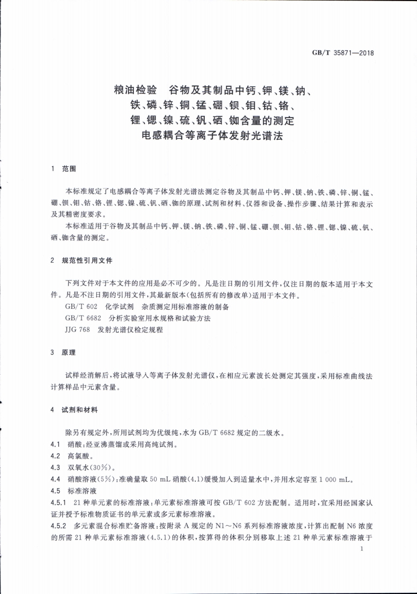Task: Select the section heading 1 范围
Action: [x=64, y=169]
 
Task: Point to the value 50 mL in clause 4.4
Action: [x=159, y=480]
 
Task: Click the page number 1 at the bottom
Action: [x=360, y=551]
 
